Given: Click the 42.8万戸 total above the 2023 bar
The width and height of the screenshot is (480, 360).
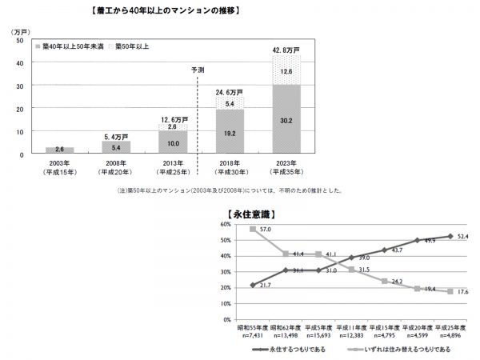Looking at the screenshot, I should [286, 50].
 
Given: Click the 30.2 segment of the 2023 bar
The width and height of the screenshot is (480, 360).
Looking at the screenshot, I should [286, 120].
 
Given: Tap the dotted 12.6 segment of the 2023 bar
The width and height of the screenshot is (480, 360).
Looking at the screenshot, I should [286, 70].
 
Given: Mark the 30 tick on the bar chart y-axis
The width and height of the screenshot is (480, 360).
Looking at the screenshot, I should [19, 86].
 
